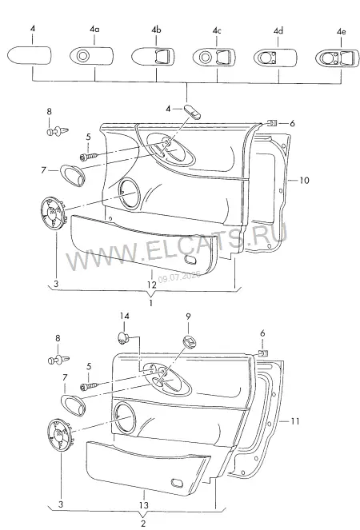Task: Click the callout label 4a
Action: (94, 30)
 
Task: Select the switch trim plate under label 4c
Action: (214, 57)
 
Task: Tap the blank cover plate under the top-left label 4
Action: (30, 54)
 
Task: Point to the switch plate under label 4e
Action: (338, 58)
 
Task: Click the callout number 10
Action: (305, 181)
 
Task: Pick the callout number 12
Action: (152, 285)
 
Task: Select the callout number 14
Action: (124, 317)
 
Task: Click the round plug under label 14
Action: (123, 337)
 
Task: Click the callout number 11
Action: (295, 421)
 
